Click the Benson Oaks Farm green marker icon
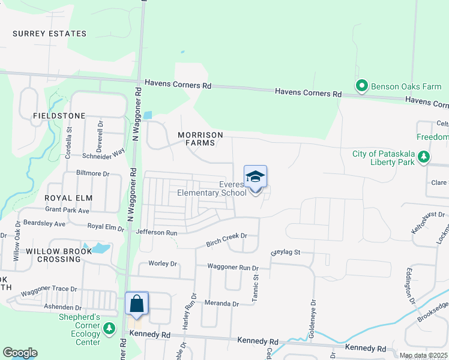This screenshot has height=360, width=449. (361, 86)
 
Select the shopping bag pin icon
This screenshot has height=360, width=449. (137, 303)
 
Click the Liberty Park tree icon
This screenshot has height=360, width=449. (424, 157)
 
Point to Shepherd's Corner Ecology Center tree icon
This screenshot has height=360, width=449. (109, 328)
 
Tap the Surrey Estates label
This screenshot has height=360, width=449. (49, 34)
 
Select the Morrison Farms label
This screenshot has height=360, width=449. (200, 139)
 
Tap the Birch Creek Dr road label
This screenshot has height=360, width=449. (226, 236)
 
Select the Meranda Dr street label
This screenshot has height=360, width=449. (221, 303)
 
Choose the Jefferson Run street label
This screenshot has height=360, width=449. (157, 232)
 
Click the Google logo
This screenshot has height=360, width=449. (20, 353)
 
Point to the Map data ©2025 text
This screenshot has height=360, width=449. (423, 356)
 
